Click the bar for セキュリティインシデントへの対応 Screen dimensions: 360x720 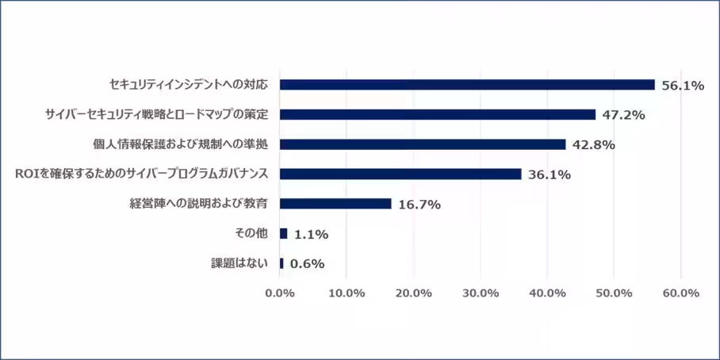coord(467,85)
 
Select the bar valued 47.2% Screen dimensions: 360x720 coord(438,114)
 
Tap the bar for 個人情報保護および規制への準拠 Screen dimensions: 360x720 coord(423,144)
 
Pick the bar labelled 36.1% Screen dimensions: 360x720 coord(400,174)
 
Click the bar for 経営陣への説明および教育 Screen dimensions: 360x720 coord(335,204)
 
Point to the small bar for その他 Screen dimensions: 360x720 coord(283,234)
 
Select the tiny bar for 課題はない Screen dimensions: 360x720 coord(281,263)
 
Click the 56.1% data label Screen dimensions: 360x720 coord(683,86)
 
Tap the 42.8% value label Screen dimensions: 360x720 coord(594,145)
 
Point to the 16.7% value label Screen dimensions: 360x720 coord(419,205)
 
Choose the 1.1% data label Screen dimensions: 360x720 coord(311,235)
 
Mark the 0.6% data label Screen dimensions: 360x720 coord(308,264)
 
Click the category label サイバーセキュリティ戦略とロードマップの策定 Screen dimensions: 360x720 coord(156,114)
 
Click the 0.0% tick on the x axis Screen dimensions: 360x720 coord(279,293)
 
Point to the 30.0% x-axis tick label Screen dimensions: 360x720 coord(480,293)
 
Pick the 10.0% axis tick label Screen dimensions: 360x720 coord(346,293)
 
